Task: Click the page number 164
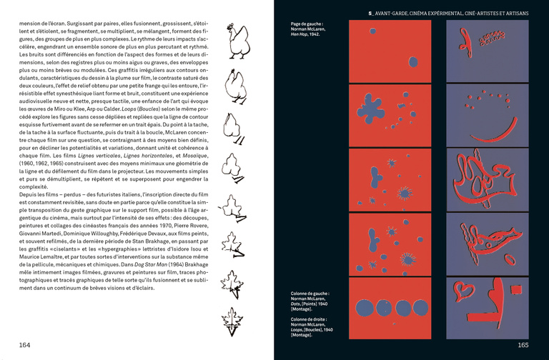25,345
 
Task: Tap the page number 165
523,345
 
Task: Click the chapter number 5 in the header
370,12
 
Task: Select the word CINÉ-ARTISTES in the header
473,12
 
